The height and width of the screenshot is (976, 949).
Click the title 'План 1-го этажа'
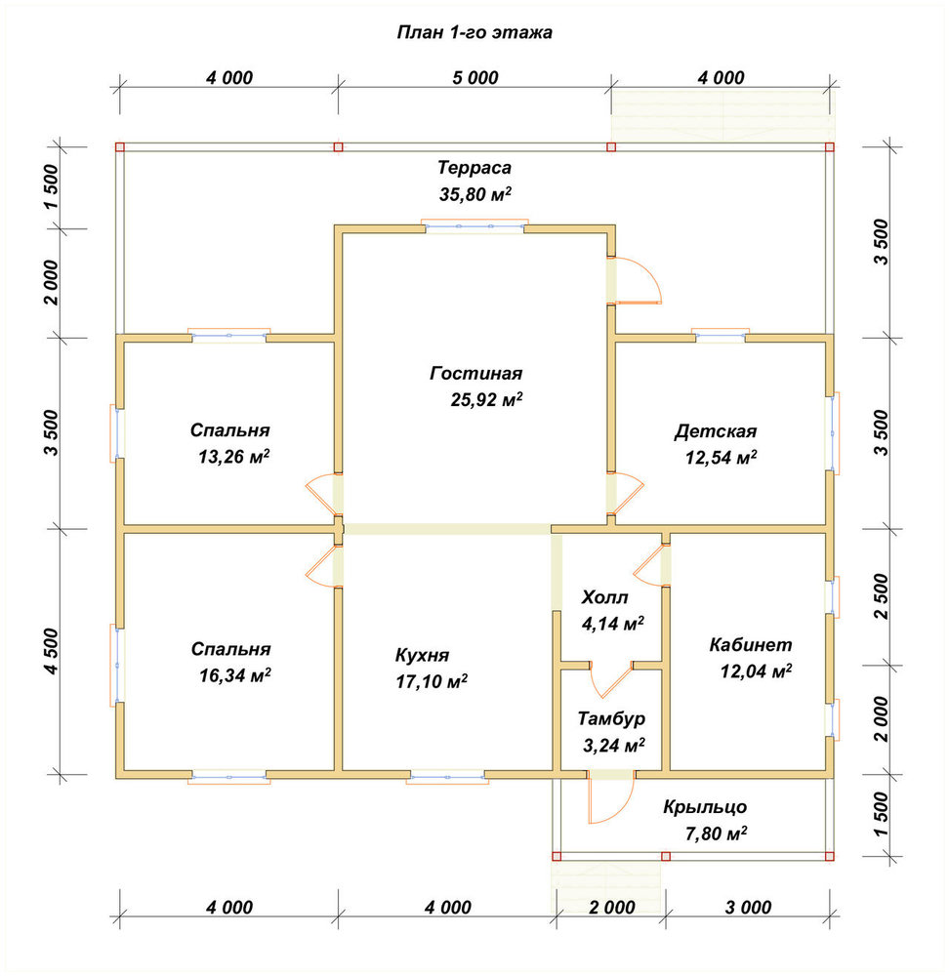point(474,32)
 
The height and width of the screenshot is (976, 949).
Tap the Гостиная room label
point(475,373)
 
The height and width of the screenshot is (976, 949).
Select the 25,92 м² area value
point(486,399)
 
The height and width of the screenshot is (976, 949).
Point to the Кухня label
point(422,655)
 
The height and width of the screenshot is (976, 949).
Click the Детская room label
point(716,430)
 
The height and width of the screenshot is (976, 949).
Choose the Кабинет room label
point(751,644)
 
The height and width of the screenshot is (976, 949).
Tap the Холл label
point(604,597)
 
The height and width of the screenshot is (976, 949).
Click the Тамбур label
point(611,718)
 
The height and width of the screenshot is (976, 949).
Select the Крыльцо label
point(704,807)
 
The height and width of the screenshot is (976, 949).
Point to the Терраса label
point(474,168)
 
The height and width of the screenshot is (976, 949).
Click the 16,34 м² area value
point(234,674)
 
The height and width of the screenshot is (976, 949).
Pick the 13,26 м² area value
point(233,457)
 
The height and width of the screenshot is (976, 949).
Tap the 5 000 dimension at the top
point(475,78)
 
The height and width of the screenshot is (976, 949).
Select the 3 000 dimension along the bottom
point(748,907)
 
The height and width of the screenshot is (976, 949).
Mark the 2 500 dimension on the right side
point(881,596)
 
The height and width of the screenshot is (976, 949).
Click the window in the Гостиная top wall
point(474,226)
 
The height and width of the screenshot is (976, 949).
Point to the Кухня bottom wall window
point(447,776)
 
